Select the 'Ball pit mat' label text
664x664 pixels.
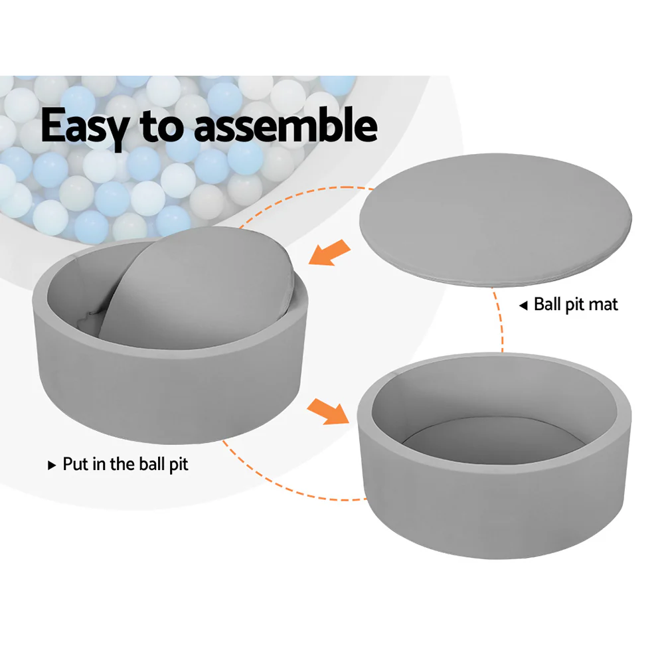tap(575, 305)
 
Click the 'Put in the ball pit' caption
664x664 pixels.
tap(125, 464)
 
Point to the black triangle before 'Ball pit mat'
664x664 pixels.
tap(523, 305)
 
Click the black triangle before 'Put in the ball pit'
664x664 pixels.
tap(52, 465)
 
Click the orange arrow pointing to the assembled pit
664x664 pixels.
tap(327, 410)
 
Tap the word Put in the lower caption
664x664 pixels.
tap(74, 464)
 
